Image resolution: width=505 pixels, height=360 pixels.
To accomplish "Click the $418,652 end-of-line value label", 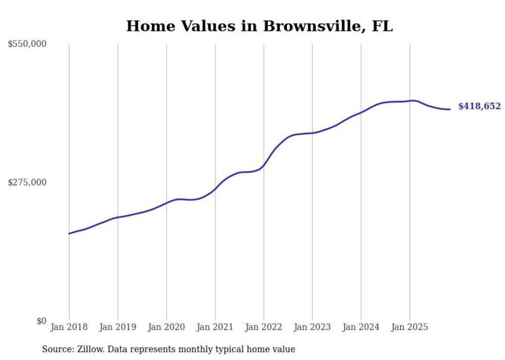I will pos(479,107).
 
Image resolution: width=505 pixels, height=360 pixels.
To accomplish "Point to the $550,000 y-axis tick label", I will pos(27,44).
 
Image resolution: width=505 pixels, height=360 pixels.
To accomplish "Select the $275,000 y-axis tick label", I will pos(27,182).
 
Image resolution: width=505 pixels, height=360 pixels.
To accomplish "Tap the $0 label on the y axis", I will pos(41,321).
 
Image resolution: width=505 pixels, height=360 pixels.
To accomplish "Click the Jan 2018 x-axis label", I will pos(69,327).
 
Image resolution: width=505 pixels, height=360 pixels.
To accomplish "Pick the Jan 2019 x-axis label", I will pos(117,327).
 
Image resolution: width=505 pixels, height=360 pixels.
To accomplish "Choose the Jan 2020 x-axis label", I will pos(166,327).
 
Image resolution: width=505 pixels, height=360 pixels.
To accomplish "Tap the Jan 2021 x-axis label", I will pos(215,327).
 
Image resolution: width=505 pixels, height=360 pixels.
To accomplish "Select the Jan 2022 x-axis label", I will pos(263,327).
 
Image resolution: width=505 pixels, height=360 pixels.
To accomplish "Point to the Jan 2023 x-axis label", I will pos(312,327).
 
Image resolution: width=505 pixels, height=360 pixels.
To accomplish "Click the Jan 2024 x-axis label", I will pos(361,327).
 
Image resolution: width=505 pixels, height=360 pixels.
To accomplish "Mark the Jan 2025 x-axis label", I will pos(410,327).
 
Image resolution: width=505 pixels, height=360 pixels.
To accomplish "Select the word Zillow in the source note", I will pos(88,349).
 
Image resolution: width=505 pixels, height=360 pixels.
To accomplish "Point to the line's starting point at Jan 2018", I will pos(69,234).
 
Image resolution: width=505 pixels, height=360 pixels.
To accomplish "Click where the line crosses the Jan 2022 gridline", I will pos(264,165).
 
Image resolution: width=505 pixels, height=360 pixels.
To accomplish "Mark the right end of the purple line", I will pos(450,109).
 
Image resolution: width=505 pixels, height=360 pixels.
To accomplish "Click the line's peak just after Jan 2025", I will pos(413,100).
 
